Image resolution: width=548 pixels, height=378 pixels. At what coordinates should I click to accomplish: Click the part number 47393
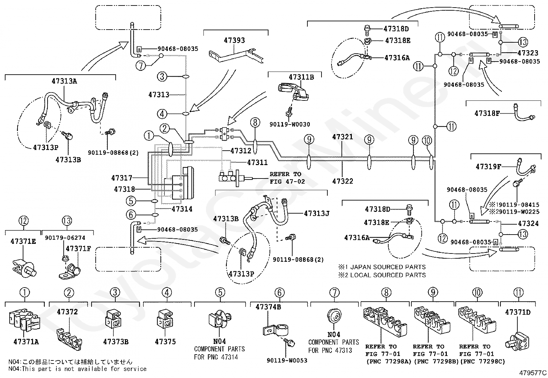point(234,40)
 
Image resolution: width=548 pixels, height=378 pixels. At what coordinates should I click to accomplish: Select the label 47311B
point(301,77)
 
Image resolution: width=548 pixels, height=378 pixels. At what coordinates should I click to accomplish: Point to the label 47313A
point(64,81)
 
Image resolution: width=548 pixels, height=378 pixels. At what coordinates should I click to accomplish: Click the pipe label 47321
point(342,137)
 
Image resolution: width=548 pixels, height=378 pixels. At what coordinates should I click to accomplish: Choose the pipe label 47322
point(342,181)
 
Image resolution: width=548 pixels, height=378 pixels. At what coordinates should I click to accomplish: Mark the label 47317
point(122,178)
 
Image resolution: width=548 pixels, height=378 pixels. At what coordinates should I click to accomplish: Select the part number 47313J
point(316,213)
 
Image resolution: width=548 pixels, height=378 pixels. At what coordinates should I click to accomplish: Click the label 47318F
point(487,113)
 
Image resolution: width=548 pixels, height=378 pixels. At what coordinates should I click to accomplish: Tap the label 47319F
point(488,166)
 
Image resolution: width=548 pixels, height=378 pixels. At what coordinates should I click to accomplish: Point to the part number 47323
point(528,53)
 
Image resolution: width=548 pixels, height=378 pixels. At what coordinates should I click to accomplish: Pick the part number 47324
point(528,224)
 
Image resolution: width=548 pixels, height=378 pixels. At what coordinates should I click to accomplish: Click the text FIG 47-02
point(287,181)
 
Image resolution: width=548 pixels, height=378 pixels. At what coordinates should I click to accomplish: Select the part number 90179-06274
point(65,238)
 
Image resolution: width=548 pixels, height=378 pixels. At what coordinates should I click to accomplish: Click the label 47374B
point(268,307)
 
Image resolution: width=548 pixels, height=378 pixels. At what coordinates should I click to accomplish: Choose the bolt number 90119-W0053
point(287,360)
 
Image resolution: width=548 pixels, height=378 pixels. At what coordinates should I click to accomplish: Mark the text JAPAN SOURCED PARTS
point(388,267)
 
